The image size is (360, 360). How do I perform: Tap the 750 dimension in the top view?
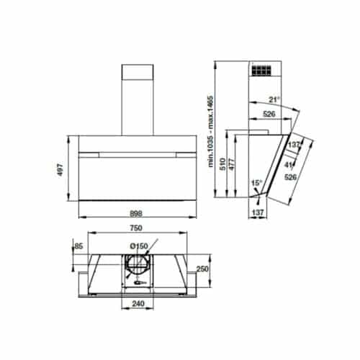click(x=135, y=228)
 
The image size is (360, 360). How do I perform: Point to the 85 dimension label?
click(x=77, y=248)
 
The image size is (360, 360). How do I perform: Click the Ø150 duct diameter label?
click(x=140, y=247)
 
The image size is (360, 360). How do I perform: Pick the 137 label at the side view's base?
click(x=257, y=212)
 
